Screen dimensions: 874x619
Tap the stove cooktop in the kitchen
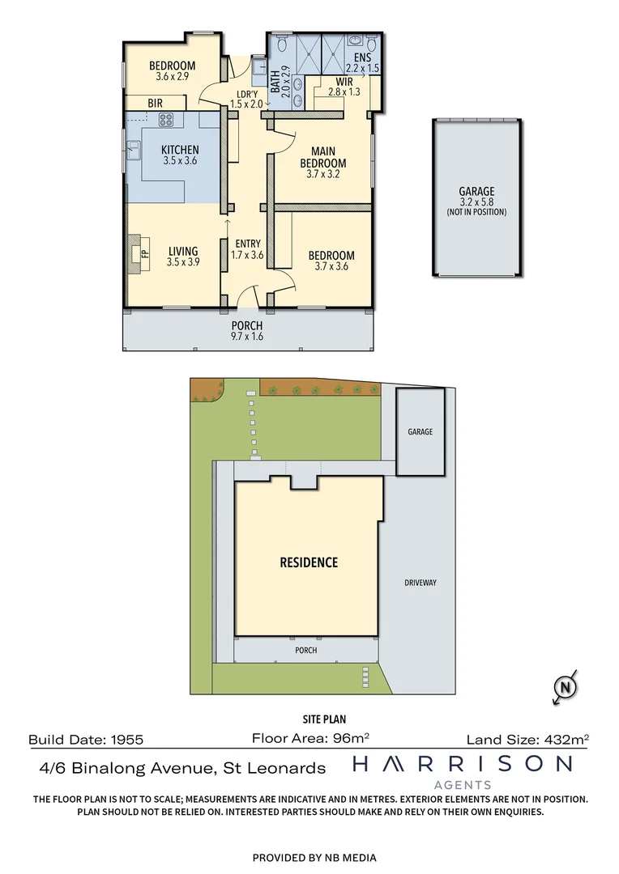167,121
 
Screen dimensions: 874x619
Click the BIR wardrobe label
156,104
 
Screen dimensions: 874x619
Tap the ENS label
362,57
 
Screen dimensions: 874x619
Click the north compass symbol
565,687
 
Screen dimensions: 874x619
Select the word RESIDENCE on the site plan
309,562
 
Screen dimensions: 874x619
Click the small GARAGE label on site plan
420,431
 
